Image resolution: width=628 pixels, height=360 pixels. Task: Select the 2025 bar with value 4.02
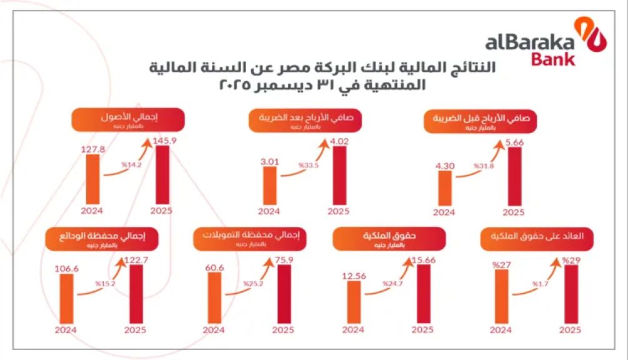340,177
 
